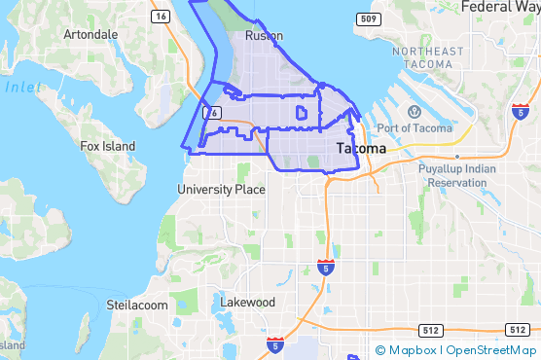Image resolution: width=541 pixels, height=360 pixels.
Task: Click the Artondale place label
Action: (x=90, y=34)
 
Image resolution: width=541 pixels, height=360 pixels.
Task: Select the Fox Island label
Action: (x=108, y=147)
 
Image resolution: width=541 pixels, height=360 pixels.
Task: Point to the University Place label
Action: (x=221, y=190)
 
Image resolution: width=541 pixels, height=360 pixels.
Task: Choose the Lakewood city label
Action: (x=247, y=303)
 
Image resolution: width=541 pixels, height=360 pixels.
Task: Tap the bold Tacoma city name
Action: (x=360, y=149)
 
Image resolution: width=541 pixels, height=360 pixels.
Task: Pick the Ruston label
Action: (x=264, y=36)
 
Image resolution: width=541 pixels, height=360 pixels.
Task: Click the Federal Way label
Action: (x=499, y=7)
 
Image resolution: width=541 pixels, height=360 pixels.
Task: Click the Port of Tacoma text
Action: (x=414, y=128)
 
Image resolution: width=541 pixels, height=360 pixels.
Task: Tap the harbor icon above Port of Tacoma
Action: (x=414, y=112)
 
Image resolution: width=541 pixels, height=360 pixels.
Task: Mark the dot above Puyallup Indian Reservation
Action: (x=456, y=156)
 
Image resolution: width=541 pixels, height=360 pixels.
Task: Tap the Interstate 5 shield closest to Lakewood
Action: (x=276, y=343)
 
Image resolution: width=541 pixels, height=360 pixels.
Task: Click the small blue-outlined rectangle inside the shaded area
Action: (x=301, y=114)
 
